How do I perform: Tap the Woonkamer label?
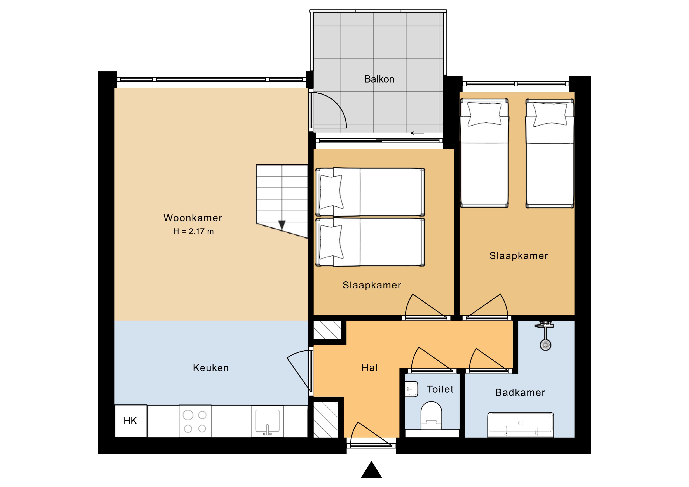coord(193,218)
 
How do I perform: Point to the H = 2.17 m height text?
coord(194,231)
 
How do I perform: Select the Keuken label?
coord(211,368)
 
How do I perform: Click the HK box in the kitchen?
coord(131,421)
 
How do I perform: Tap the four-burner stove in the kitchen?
coord(195,421)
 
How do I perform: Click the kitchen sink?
coord(267,422)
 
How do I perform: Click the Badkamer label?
coord(520,392)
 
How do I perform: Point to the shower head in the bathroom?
coord(545,345)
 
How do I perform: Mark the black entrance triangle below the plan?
coord(372,470)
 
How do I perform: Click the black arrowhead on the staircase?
coord(282,225)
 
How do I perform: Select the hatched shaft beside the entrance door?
coord(326,420)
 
